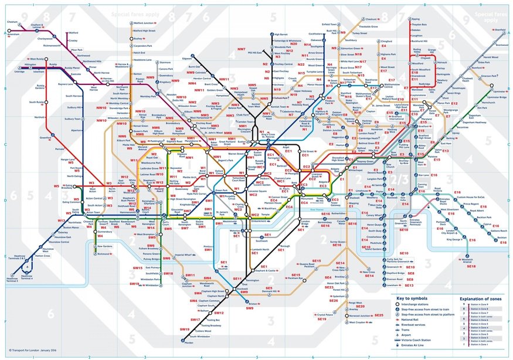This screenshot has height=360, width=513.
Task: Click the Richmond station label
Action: point(104,254)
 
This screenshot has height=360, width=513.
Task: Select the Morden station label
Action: point(188,342)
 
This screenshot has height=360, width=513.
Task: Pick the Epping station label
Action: point(416,19)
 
